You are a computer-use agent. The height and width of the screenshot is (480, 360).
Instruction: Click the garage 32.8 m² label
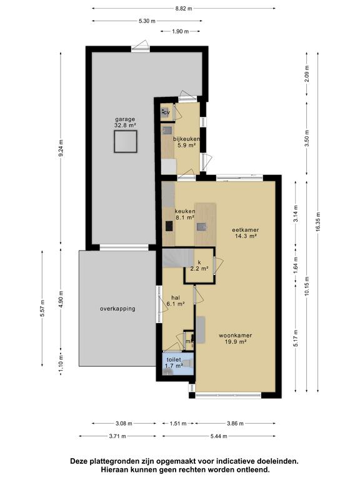point(125,122)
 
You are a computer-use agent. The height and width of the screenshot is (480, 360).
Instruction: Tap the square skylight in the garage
point(126,141)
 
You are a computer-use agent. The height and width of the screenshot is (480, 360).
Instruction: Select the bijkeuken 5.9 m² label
point(186,142)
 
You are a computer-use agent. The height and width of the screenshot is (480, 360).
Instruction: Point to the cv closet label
point(166,113)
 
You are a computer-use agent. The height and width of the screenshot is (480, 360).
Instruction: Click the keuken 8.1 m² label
point(185,214)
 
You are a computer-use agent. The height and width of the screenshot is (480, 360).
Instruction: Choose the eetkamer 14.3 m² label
point(246,232)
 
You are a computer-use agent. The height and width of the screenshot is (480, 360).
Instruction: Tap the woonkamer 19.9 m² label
point(236,338)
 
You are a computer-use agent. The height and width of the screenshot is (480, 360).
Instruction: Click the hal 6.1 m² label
point(176,301)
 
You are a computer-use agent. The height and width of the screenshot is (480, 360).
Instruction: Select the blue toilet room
point(178,364)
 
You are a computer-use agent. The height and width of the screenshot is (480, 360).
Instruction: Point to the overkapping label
point(117,309)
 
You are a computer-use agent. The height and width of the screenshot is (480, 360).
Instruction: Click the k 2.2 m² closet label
point(199,266)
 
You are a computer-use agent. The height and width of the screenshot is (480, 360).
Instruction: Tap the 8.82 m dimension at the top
point(184,9)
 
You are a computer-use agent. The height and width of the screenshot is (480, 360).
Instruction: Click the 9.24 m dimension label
point(61,148)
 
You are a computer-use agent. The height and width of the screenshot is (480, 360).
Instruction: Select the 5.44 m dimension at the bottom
point(219,436)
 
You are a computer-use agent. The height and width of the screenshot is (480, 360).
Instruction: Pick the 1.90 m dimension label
point(181,31)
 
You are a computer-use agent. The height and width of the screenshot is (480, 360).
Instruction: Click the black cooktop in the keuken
point(169,226)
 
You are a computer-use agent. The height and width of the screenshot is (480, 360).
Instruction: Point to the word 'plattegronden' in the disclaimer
point(109,461)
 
